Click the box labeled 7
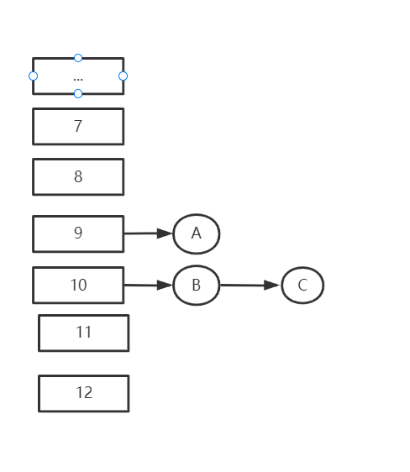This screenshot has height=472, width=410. (x=78, y=127)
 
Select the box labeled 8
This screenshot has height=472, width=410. (x=78, y=176)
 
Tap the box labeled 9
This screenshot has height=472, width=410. (x=78, y=233)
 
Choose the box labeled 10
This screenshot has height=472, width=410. (x=78, y=285)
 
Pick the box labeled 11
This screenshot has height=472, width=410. (x=84, y=333)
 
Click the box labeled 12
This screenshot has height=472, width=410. (x=84, y=393)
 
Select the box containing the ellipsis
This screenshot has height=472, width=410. (x=78, y=76)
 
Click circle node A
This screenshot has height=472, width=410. (x=197, y=233)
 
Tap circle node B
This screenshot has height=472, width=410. (x=197, y=285)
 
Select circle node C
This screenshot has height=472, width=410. (x=302, y=285)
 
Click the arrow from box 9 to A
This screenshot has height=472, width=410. (x=148, y=233)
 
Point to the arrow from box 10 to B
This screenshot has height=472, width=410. (x=148, y=285)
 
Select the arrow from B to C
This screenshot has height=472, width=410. (x=250, y=285)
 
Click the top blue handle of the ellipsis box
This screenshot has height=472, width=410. (x=78, y=58)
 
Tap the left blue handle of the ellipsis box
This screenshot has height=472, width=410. (x=33, y=76)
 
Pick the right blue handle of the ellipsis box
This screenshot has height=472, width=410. (x=124, y=76)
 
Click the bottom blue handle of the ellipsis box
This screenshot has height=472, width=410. (x=78, y=93)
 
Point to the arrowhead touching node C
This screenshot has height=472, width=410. (x=271, y=285)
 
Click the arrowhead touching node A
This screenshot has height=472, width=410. (x=165, y=233)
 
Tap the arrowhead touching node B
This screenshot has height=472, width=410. (x=165, y=285)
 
